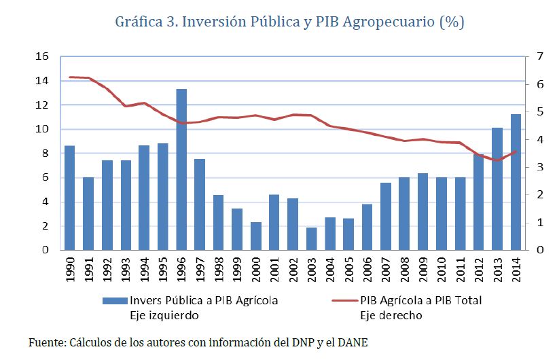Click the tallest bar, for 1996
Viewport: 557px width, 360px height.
point(181,170)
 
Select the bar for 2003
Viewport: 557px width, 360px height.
point(310,238)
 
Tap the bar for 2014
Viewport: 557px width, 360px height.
point(516,182)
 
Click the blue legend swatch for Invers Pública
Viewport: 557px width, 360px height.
point(115,300)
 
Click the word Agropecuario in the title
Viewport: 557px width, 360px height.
point(386,22)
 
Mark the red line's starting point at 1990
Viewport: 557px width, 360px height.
point(69,77)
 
